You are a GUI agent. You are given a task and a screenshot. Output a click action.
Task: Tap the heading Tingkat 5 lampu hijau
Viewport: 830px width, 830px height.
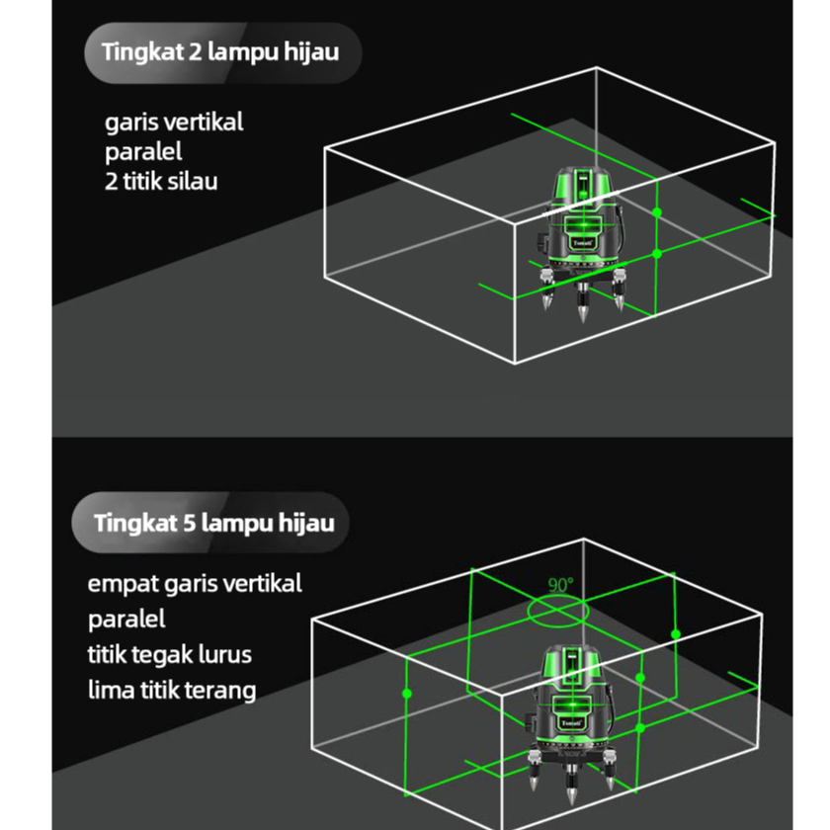click(214, 522)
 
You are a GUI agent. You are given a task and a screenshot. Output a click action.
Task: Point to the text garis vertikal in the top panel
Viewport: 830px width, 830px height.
click(174, 124)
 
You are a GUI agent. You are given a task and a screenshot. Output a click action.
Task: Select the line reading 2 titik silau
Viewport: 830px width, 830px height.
click(161, 182)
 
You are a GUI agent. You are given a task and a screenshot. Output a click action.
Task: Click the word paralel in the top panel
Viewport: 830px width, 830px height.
click(144, 153)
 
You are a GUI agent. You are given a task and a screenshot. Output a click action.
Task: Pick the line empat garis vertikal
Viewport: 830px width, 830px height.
click(195, 583)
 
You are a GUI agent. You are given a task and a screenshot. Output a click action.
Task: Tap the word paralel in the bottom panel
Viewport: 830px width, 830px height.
click(126, 620)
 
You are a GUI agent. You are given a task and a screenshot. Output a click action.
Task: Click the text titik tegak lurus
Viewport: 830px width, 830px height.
click(170, 654)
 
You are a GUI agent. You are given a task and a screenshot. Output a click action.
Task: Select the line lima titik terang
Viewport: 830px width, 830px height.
click(172, 690)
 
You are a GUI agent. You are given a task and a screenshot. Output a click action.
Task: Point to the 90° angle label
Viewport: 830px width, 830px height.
click(560, 585)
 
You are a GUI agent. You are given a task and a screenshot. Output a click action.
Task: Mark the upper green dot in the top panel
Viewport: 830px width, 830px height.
click(657, 212)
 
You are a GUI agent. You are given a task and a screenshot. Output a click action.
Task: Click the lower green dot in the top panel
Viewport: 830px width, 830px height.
click(657, 254)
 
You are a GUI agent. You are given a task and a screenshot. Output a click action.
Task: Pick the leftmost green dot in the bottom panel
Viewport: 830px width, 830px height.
click(406, 694)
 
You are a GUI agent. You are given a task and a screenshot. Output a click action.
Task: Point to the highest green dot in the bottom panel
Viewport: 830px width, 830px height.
click(676, 633)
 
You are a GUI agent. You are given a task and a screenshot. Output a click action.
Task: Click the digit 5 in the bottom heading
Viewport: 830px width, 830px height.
click(190, 522)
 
